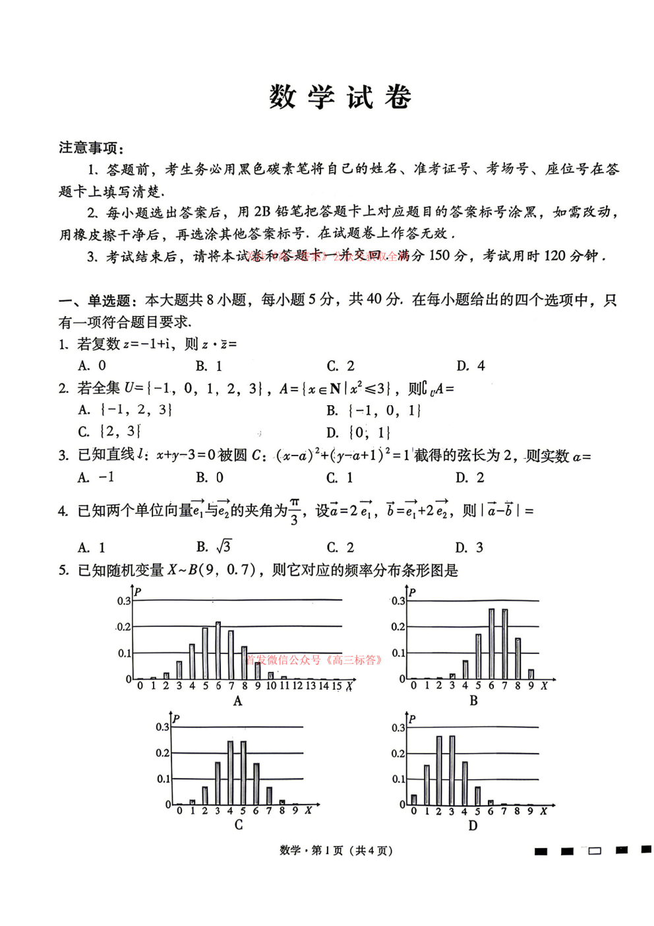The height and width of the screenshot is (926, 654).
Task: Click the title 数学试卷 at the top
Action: click(340, 98)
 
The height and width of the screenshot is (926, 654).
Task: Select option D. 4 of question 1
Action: click(471, 366)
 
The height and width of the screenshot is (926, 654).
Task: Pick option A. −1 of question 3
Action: click(96, 477)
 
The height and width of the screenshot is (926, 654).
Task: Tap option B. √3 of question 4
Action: click(214, 546)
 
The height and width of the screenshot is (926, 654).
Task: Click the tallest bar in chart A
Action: click(218, 650)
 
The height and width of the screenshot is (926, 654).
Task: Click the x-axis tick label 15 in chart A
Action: click(336, 686)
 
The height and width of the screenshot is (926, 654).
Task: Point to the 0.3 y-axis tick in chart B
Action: click(398, 601)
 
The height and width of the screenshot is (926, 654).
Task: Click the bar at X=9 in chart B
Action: click(531, 674)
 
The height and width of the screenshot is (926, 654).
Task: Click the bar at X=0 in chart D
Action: click(413, 799)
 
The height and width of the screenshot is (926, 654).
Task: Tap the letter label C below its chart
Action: click(238, 825)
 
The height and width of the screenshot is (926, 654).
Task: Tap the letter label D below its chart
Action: click(473, 826)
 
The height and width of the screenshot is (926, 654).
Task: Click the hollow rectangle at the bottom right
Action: click(595, 851)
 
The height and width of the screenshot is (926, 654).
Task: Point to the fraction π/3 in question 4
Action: click(294, 512)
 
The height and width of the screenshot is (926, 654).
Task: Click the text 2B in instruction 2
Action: click(262, 211)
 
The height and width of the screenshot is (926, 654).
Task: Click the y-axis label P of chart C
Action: click(176, 719)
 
